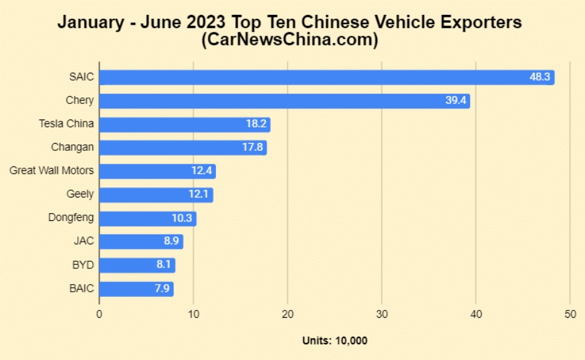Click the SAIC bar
click(x=325, y=77)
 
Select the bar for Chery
click(x=284, y=101)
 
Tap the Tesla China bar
click(x=184, y=124)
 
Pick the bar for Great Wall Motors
click(x=157, y=171)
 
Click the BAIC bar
click(x=136, y=289)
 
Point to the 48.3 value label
click(x=540, y=77)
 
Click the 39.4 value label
click(x=456, y=101)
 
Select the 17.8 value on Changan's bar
click(x=253, y=148)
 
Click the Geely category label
click(x=80, y=194)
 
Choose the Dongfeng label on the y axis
click(x=71, y=218)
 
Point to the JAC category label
click(x=84, y=241)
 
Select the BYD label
click(x=83, y=264)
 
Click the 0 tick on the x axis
click(x=99, y=314)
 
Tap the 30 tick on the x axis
click(x=382, y=314)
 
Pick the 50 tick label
click(x=570, y=314)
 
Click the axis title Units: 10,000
click(x=335, y=341)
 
